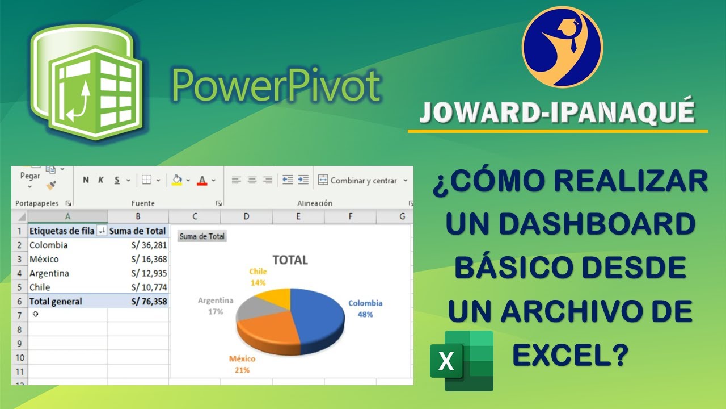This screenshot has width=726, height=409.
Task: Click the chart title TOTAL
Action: (290, 260)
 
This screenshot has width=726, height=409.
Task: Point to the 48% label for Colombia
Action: (365, 314)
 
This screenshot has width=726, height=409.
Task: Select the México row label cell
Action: (67, 259)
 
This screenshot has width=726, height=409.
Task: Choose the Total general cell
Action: (67, 302)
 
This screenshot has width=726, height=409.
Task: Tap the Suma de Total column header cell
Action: (138, 231)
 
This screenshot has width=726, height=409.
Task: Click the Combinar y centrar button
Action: (363, 181)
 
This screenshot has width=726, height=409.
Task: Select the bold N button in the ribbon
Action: (86, 180)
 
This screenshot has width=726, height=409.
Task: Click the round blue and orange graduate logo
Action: (562, 47)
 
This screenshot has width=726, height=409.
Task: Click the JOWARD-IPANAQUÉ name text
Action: (557, 112)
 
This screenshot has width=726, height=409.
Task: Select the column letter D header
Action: (246, 216)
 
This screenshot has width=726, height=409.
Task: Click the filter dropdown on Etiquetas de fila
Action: (102, 231)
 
